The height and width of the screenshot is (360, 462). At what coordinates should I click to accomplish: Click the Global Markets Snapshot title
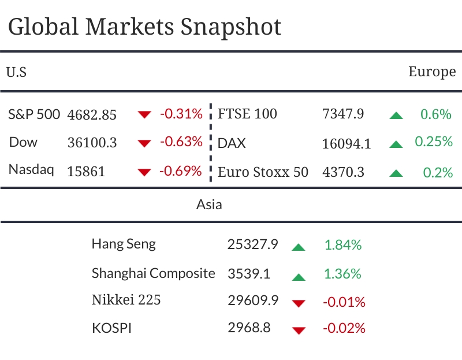pyautogui.click(x=145, y=27)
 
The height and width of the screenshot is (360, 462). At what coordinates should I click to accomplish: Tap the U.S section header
pyautogui.click(x=16, y=72)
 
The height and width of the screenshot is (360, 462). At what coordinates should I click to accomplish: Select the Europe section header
pyautogui.click(x=432, y=72)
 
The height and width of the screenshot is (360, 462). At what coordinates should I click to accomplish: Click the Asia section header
pyautogui.click(x=209, y=204)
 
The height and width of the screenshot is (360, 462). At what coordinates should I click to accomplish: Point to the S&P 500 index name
pyautogui.click(x=34, y=114)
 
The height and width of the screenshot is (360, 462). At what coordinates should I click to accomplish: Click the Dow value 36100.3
pyautogui.click(x=92, y=143)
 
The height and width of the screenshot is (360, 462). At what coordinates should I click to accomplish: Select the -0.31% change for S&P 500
pyautogui.click(x=181, y=114)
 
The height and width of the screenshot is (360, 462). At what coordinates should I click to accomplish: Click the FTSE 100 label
pyautogui.click(x=247, y=114)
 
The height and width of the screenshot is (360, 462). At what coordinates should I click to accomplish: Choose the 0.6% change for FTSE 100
pyautogui.click(x=435, y=114)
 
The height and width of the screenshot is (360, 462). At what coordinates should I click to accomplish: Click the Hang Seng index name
pyautogui.click(x=124, y=244)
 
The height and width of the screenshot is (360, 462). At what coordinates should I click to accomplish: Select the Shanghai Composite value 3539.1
pyautogui.click(x=249, y=273)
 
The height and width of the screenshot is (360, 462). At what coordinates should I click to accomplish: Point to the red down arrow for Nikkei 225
pyautogui.click(x=298, y=303)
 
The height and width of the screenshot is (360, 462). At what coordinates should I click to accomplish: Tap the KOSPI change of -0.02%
pyautogui.click(x=344, y=328)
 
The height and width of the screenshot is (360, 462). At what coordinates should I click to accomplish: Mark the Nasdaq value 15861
pyautogui.click(x=87, y=172)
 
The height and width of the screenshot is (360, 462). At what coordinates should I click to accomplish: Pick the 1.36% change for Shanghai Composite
pyautogui.click(x=343, y=273)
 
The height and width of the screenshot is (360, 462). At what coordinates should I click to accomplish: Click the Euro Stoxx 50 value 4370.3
pyautogui.click(x=343, y=172)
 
